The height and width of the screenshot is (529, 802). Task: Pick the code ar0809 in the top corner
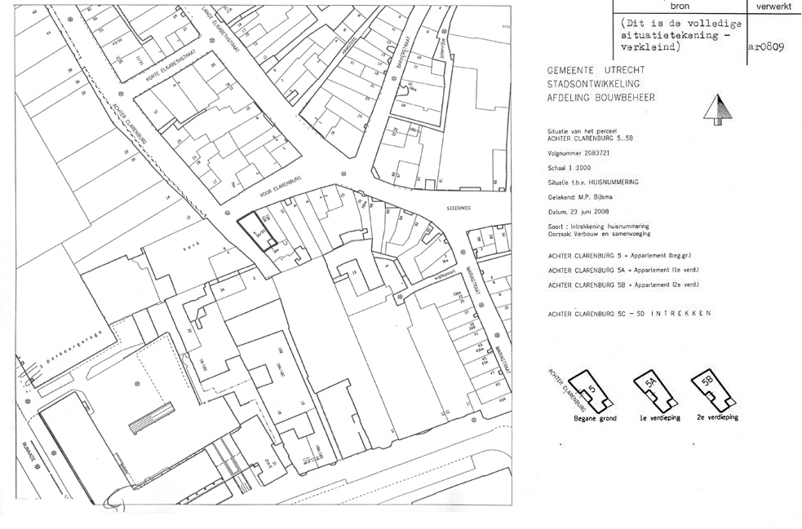tap(764, 46)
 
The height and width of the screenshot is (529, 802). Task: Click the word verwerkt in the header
tap(773, 7)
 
